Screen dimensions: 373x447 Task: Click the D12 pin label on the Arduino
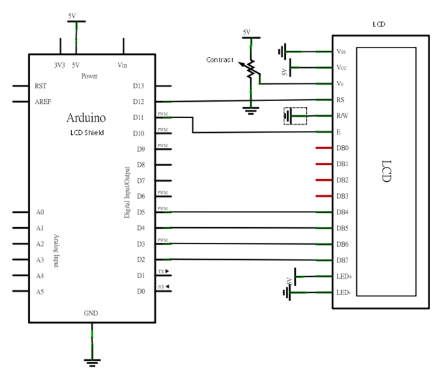point(140,102)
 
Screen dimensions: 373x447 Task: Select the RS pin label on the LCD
point(341,100)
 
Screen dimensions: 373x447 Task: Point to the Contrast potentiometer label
point(219,60)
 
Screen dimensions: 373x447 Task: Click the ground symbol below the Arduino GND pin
point(92,360)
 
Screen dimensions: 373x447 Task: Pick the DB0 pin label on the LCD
point(343,148)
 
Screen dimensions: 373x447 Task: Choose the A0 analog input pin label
point(40,212)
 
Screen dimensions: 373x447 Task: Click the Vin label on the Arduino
point(123,66)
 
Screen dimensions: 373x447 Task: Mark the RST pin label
point(41,86)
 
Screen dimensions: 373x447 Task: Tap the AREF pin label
point(43,102)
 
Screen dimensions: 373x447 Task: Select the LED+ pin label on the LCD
point(343,277)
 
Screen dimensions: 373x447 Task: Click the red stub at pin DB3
point(323,196)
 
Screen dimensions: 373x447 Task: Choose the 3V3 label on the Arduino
point(60,66)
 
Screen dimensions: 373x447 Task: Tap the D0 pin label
point(141,292)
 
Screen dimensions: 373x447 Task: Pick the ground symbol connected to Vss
point(284,51)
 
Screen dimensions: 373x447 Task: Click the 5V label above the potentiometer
point(246,32)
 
